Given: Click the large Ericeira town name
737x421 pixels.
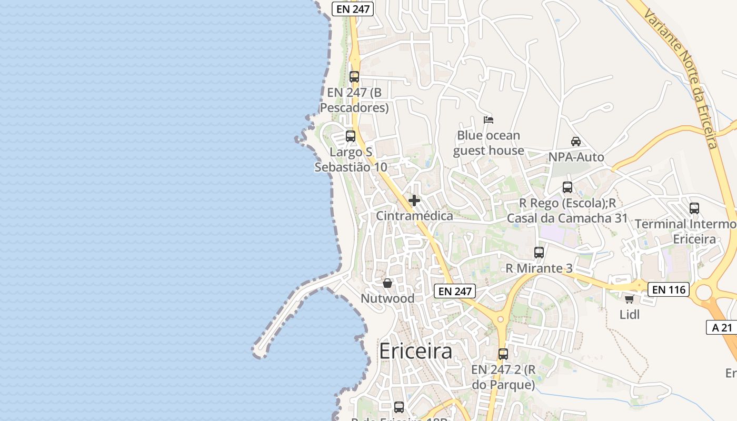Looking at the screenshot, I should click(415, 351).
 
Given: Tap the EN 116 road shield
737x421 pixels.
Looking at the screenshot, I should click(668, 289).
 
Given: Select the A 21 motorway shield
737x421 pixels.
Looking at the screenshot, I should click(722, 327).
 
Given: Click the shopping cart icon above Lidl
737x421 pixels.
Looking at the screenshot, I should click(629, 299).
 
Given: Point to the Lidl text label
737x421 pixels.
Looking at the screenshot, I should click(630, 315).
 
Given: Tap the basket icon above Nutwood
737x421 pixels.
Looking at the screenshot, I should click(387, 283).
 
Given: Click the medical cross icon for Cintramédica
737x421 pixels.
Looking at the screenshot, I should click(414, 201).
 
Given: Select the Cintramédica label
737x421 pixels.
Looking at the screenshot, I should click(414, 216).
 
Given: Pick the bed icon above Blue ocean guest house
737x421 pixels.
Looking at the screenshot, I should click(489, 120).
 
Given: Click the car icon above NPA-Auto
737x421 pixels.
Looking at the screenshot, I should click(576, 142).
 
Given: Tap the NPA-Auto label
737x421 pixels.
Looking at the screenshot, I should click(576, 157).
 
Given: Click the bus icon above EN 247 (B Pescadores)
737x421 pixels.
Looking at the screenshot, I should click(354, 77).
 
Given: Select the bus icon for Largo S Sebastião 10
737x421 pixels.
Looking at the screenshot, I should click(351, 136).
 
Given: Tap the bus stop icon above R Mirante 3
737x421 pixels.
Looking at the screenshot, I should click(539, 253).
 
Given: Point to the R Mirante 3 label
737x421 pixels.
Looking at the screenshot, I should click(539, 268).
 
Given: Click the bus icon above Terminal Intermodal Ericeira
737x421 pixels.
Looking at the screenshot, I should click(694, 208).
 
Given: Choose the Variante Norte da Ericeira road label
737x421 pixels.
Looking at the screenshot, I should click(681, 74).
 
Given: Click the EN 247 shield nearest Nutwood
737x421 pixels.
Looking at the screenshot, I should click(455, 291).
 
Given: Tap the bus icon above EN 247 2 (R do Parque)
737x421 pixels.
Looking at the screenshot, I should click(503, 354).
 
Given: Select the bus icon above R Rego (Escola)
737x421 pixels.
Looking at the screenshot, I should click(567, 187).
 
